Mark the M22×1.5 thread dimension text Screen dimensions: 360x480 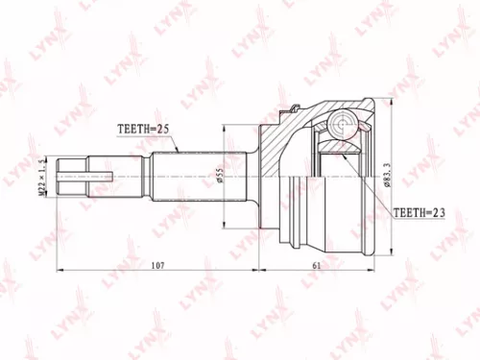pyautogui.click(x=41, y=177)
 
